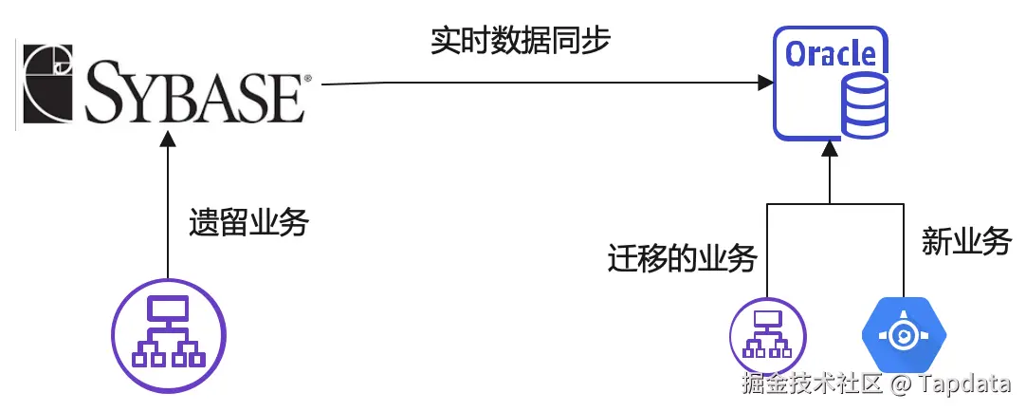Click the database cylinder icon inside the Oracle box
(865, 106)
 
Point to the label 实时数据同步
(520, 43)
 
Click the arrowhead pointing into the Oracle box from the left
(763, 84)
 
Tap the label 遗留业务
(249, 223)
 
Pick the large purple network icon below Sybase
(169, 333)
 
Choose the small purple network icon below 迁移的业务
(766, 334)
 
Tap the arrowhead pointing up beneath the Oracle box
(830, 148)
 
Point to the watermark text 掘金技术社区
(812, 385)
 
